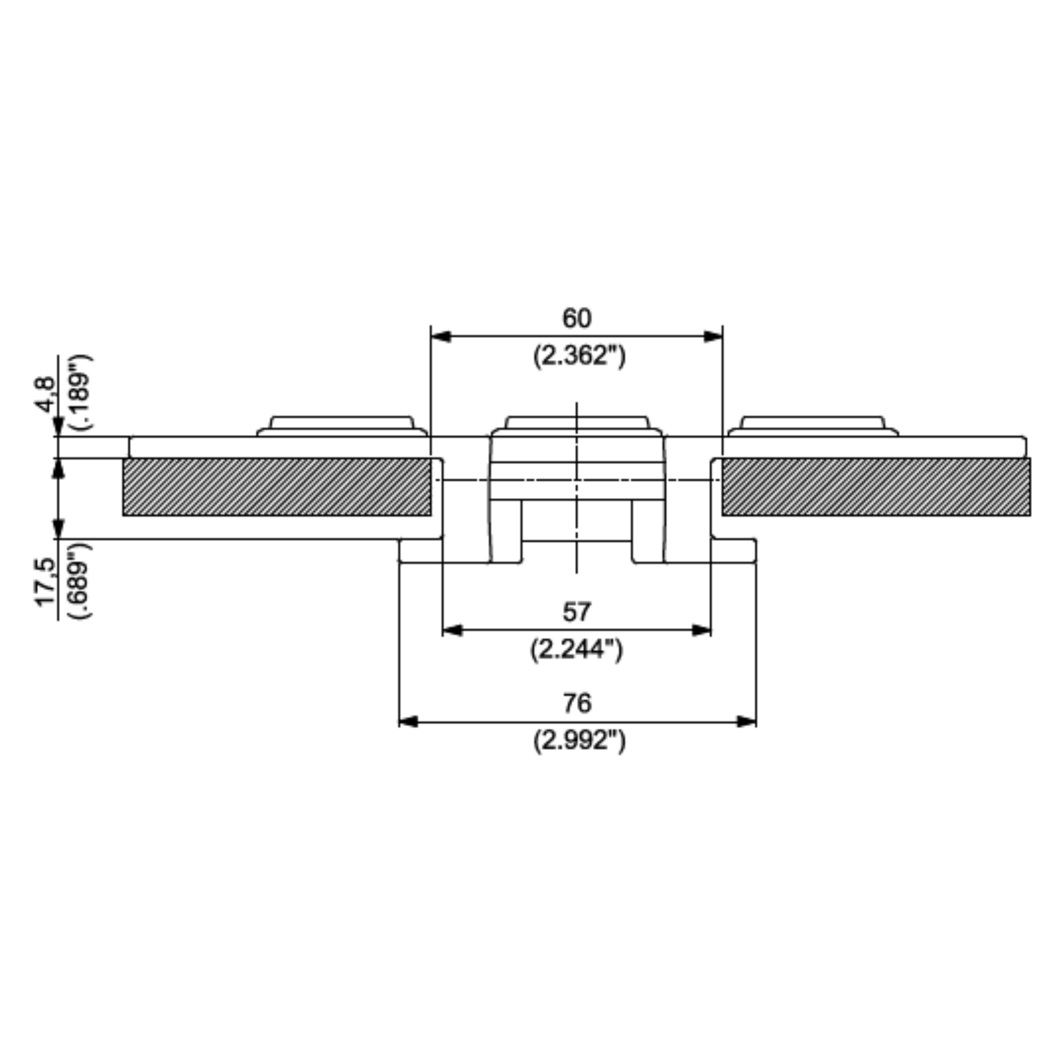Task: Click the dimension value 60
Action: click(x=577, y=318)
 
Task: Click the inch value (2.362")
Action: click(x=579, y=356)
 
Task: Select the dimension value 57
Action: click(x=577, y=612)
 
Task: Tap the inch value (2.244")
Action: click(x=577, y=649)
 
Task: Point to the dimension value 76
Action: click(x=577, y=703)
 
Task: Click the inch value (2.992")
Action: click(x=579, y=740)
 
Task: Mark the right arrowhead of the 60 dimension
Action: click(x=712, y=337)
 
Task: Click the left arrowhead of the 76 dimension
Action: click(x=408, y=722)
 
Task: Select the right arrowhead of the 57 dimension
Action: click(x=701, y=630)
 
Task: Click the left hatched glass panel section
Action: click(x=277, y=487)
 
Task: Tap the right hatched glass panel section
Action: click(x=875, y=487)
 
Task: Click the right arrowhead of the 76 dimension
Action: click(x=746, y=722)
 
